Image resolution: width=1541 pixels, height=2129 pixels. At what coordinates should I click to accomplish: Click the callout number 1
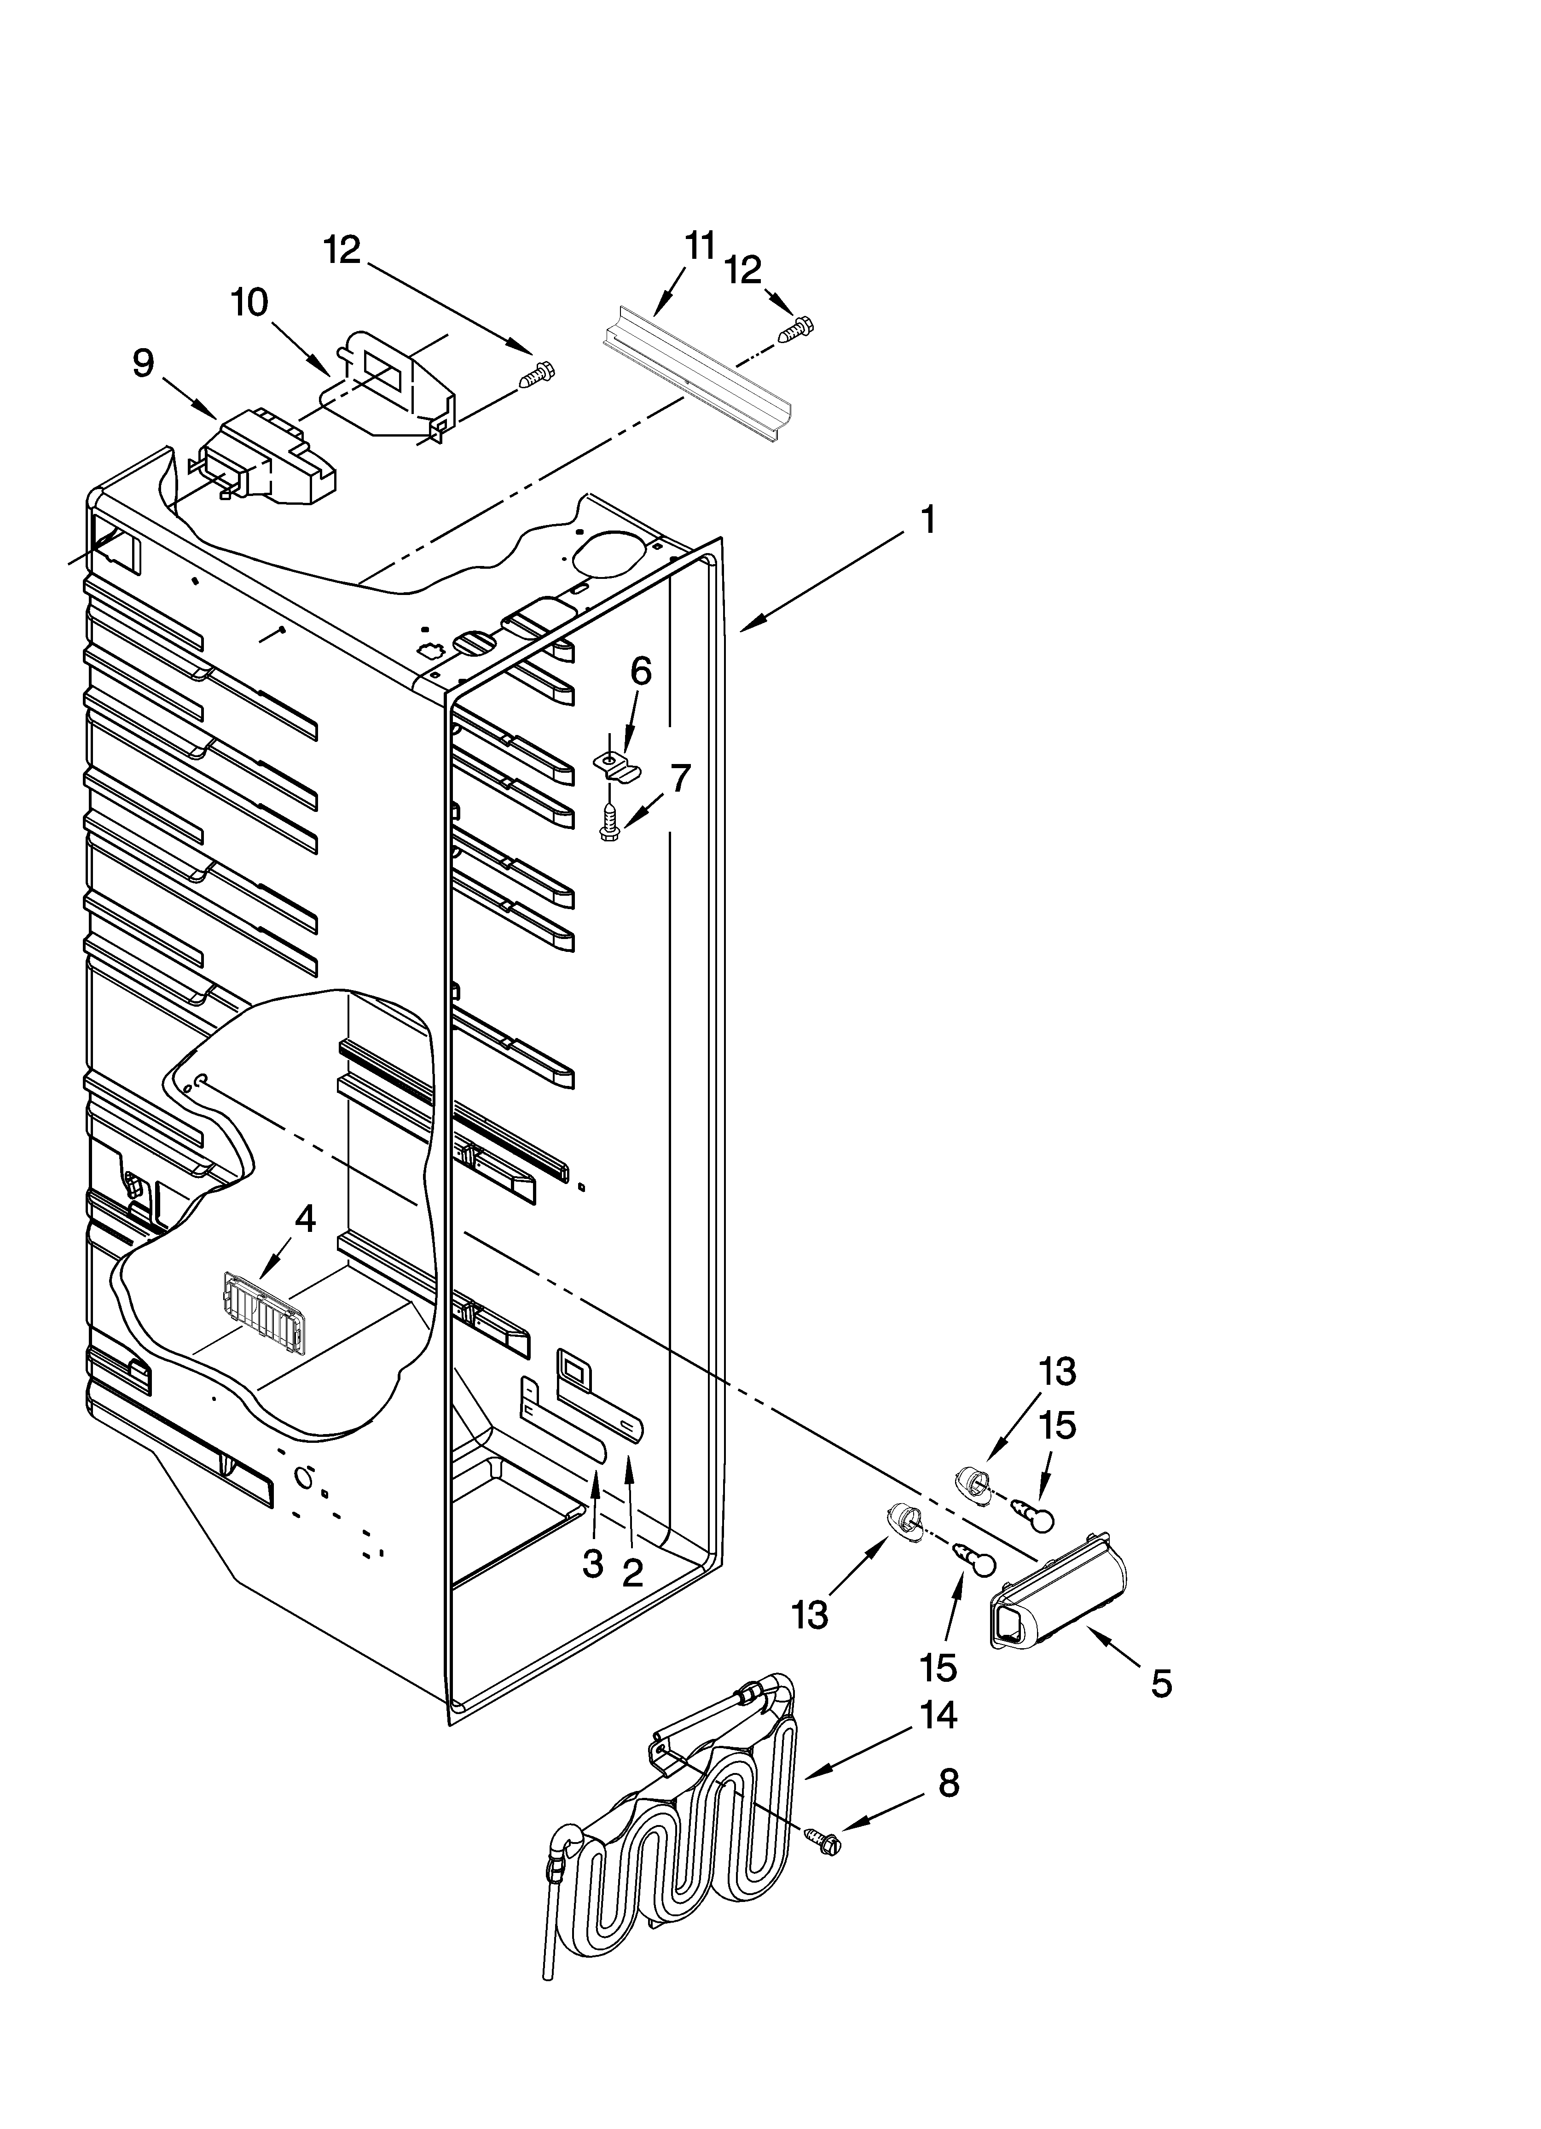pyautogui.click(x=927, y=519)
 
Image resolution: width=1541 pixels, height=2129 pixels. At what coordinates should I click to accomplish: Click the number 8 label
pyautogui.click(x=949, y=1810)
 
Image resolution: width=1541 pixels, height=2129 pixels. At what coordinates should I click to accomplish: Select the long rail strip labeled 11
pyautogui.click(x=696, y=375)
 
